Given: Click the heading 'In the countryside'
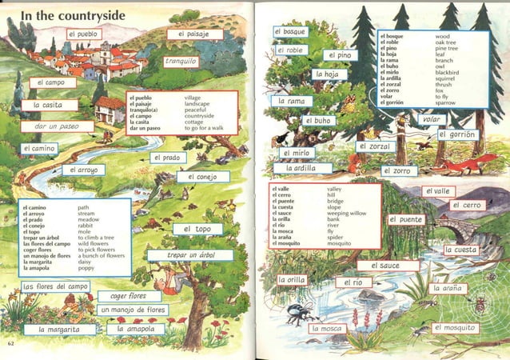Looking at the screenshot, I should (74, 15).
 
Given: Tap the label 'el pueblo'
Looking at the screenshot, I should (84, 34).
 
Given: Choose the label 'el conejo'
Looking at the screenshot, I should (203, 177).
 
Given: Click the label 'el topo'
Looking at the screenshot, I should (197, 229).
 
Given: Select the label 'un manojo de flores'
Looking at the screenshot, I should (133, 310).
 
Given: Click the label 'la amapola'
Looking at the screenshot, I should (135, 329).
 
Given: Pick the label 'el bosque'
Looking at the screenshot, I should (289, 31).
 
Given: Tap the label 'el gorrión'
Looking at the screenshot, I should (457, 134).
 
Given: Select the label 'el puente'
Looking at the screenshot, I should (405, 219).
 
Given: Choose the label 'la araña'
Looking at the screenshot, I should (448, 288).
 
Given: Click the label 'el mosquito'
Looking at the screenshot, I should (455, 328).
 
